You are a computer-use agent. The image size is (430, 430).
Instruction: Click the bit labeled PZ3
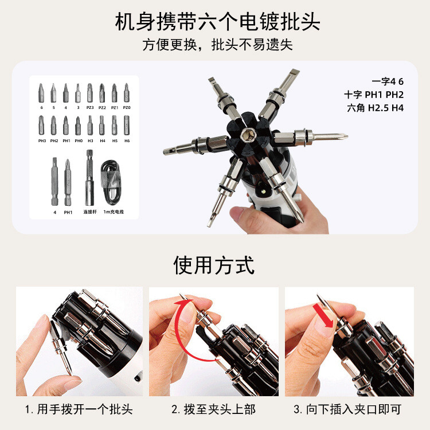pos(89,93)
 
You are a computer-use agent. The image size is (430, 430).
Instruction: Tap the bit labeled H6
pos(127,125)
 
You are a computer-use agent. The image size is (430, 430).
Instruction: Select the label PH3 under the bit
pos(42,140)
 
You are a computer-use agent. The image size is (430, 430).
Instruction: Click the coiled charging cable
pos(111,182)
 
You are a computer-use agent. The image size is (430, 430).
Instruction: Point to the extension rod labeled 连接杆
pos(89,177)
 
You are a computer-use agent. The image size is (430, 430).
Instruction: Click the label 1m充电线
pos(114,212)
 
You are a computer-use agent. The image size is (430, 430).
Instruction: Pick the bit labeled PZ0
pos(127,93)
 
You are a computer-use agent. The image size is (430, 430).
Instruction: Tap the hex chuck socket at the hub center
pos(246,135)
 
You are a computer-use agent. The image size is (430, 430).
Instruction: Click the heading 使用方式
pos(214,265)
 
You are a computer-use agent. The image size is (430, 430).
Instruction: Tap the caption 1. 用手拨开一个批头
pos(79,409)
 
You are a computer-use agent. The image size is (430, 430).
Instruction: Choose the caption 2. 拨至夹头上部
pos(214,409)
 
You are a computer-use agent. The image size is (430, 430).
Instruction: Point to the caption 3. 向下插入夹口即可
pos(347,409)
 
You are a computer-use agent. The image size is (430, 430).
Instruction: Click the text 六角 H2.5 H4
pos(375,108)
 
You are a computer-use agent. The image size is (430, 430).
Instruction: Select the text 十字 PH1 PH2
pos(374,95)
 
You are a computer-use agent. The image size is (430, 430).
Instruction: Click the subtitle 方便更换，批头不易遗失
pos(217,44)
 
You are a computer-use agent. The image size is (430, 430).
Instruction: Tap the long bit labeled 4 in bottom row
pos(54,181)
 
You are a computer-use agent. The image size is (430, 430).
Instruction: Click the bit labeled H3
pos(90,125)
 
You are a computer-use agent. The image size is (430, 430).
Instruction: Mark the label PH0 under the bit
pos(79,140)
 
